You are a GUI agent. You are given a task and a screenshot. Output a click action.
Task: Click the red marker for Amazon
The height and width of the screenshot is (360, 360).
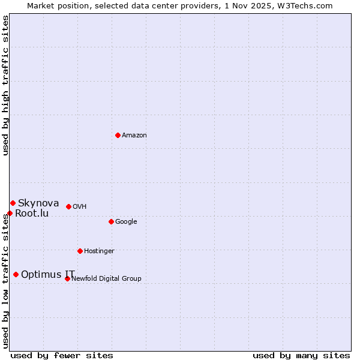[118, 135]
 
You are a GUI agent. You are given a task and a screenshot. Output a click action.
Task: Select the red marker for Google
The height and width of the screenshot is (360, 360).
[111, 221]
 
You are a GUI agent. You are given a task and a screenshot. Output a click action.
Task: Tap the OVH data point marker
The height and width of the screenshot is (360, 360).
[68, 206]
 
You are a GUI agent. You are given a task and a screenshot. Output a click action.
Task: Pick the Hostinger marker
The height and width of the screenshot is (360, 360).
[80, 251]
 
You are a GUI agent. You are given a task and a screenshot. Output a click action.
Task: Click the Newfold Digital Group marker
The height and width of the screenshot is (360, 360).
[67, 278]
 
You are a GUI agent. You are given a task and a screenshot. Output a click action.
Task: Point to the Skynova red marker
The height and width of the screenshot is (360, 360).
[13, 203]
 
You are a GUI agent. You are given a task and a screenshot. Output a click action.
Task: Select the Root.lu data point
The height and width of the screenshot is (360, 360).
[10, 213]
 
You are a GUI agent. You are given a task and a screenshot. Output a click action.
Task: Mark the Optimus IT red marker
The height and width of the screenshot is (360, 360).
[16, 274]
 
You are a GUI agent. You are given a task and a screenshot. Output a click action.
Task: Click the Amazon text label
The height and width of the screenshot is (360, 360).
[134, 136]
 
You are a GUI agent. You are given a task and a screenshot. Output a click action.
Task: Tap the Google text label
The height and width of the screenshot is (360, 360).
[126, 222]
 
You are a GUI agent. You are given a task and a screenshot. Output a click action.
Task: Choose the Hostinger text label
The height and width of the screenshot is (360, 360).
[99, 251]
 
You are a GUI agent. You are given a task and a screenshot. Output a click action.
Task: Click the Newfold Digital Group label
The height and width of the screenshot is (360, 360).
[106, 279]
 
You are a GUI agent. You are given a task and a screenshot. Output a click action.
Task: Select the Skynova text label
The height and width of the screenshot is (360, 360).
[38, 203]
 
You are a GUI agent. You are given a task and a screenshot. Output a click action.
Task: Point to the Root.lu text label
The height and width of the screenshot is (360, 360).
[32, 214]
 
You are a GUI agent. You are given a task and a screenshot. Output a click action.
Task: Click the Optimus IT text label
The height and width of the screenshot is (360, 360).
[48, 275]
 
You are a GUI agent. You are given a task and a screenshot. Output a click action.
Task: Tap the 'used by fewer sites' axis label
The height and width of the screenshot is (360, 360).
[62, 356]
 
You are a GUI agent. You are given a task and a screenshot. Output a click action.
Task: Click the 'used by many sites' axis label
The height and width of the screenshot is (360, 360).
[301, 356]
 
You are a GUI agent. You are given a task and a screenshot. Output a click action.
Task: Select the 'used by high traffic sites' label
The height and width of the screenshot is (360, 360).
[5, 85]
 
